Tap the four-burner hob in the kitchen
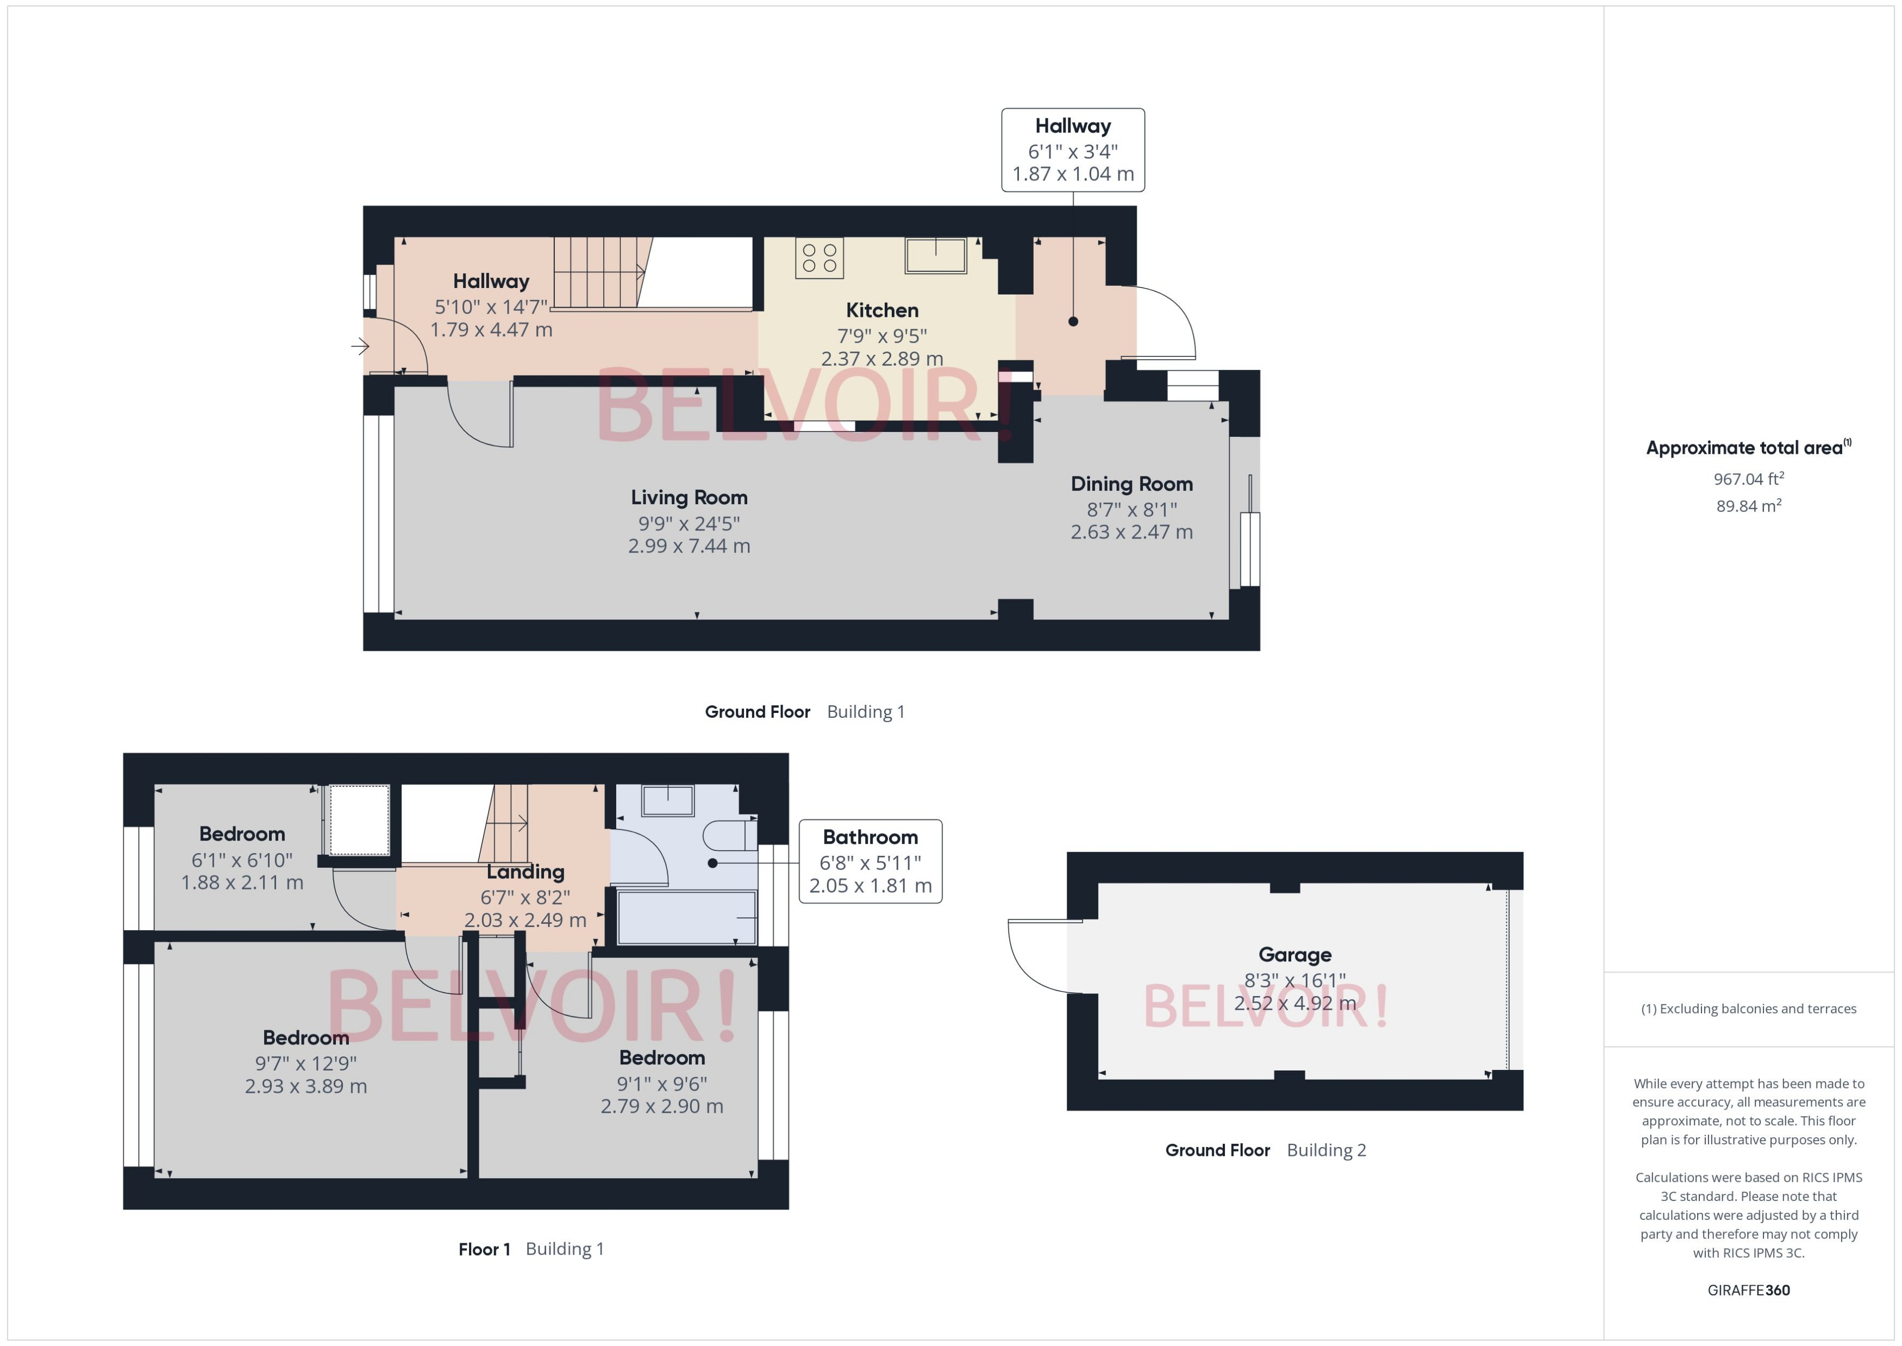click(819, 258)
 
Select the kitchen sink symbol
click(936, 255)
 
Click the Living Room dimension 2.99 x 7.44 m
click(689, 546)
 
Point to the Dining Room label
click(1131, 484)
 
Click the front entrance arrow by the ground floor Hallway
click(360, 347)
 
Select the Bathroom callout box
click(870, 861)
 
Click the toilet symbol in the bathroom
click(729, 835)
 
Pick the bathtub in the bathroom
click(686, 917)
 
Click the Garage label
click(1294, 955)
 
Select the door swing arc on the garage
click(1032, 961)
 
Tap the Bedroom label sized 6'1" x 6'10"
click(242, 834)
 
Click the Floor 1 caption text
click(484, 1249)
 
